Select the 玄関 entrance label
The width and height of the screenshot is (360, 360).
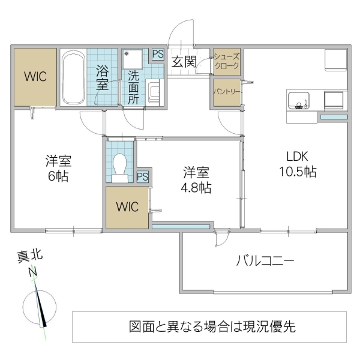(x=183, y=61)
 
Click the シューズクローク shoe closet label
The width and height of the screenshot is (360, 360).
(x=227, y=61)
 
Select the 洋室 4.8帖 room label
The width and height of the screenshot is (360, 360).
(x=197, y=179)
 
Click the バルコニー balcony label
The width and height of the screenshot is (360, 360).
(x=265, y=261)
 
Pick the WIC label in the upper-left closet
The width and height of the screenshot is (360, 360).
(x=35, y=77)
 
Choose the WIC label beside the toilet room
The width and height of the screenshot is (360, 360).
(x=127, y=207)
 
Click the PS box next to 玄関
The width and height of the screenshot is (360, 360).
(x=158, y=54)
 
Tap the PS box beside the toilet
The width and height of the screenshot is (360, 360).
(x=143, y=176)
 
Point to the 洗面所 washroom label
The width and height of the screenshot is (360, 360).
(x=133, y=88)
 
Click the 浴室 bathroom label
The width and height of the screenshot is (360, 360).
(x=103, y=76)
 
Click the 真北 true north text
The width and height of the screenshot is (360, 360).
(x=28, y=259)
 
